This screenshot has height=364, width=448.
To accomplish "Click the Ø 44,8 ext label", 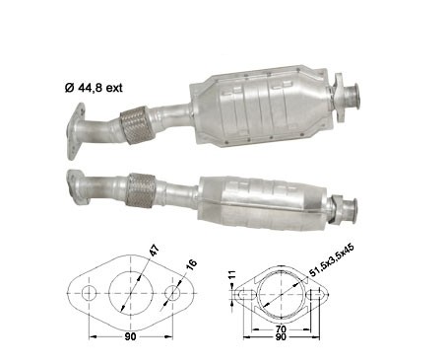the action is click(94, 88).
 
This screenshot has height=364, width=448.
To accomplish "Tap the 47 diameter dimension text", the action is click(155, 251).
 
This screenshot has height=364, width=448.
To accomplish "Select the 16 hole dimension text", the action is click(191, 263).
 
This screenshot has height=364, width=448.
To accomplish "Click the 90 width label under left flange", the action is click(130, 336).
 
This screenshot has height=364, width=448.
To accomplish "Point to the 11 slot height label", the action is click(232, 275).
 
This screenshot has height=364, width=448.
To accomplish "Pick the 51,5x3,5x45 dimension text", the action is click(332, 259).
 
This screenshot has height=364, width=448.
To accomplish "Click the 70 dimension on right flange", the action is click(282, 328).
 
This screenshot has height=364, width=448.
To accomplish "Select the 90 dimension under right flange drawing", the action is click(282, 336).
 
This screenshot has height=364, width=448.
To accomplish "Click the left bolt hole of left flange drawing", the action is click(89, 293).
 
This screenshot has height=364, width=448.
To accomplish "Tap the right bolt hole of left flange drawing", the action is click(172, 293).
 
